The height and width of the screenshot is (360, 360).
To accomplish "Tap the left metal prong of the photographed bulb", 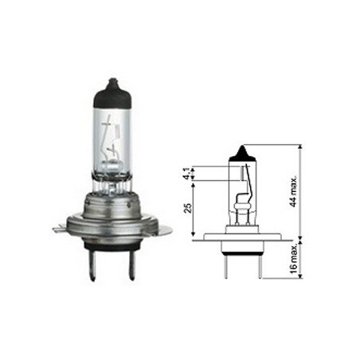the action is coord(92,265).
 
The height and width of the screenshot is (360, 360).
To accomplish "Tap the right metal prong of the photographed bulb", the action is coord(131,265).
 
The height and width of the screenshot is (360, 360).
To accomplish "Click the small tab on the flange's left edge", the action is coord(59,229).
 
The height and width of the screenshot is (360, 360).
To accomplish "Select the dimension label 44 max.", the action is coord(293,191).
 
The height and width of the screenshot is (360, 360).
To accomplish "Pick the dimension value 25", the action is coord(188,208).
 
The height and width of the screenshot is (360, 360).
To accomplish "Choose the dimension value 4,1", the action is coord(187,174).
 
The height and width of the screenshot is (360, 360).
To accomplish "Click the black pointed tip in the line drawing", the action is coord(243,155).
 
